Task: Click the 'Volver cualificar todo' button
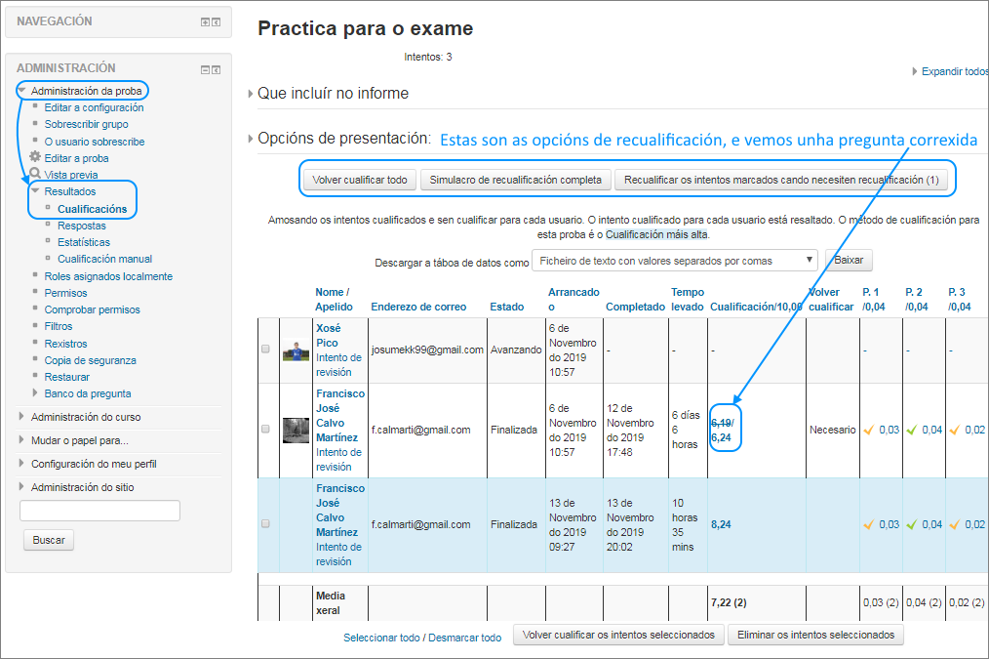point(360,180)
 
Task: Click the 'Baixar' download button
point(849,261)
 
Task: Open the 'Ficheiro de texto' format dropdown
point(675,261)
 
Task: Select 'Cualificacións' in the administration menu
point(92,209)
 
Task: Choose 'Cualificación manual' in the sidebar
point(104,259)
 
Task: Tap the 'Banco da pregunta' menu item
point(88,393)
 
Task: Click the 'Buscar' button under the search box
point(49,540)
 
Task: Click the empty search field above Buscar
point(99,511)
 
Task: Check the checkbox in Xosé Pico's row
point(265,350)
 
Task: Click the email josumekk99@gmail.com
point(427,350)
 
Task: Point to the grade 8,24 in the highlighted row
point(722,524)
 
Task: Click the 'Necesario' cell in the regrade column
point(832,430)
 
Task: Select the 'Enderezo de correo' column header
point(418,307)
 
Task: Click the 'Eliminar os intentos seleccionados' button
point(815,635)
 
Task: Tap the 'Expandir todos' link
point(954,71)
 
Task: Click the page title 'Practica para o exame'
point(365,28)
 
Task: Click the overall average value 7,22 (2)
point(728,602)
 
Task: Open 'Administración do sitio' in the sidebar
point(82,487)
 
